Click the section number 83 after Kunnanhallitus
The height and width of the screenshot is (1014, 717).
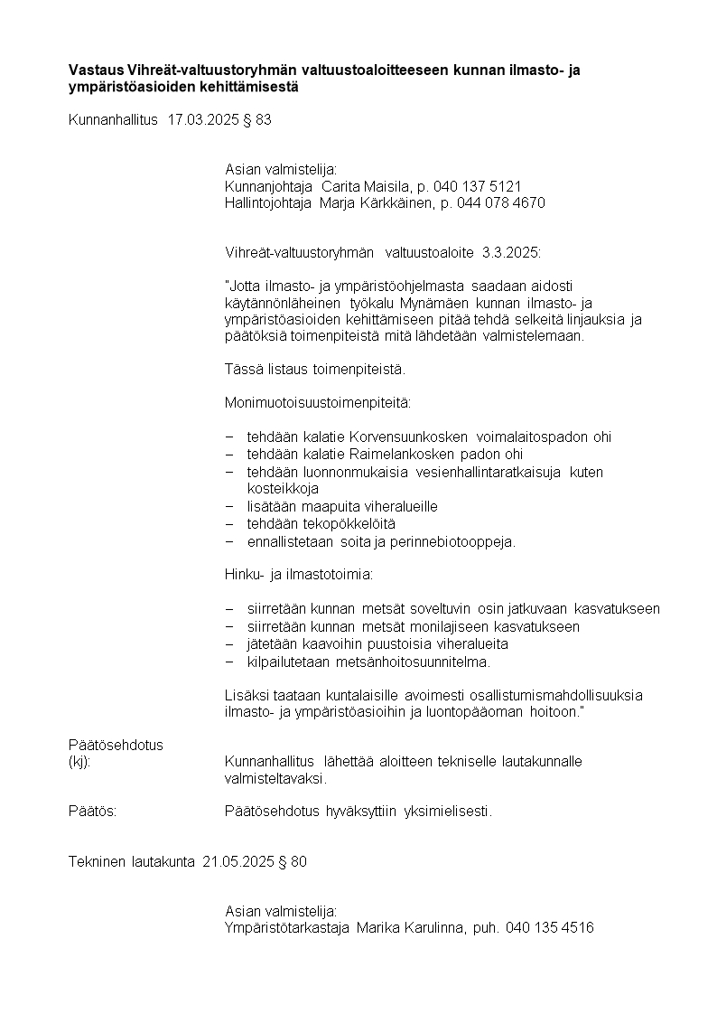click(263, 119)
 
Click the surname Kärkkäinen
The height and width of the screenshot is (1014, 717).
click(395, 203)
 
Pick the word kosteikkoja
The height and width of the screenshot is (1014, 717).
click(283, 489)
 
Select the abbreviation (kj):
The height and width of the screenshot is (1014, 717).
click(80, 762)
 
